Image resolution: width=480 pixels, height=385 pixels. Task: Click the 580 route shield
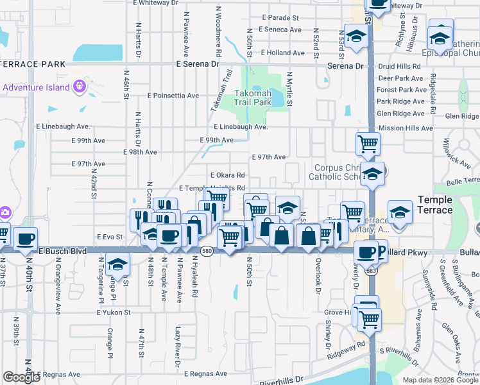coord(205,252)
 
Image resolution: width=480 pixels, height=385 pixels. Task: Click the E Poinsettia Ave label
coord(173,96)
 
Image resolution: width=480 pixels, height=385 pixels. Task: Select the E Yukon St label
coord(114,312)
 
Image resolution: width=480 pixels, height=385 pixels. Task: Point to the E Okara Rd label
coord(228,175)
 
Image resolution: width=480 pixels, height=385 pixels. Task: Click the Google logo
coord(21,377)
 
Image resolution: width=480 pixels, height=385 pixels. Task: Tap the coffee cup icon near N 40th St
coord(25,239)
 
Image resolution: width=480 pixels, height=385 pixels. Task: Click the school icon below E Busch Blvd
coord(117,264)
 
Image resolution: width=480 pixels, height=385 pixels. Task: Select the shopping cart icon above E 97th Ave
coord(368,143)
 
